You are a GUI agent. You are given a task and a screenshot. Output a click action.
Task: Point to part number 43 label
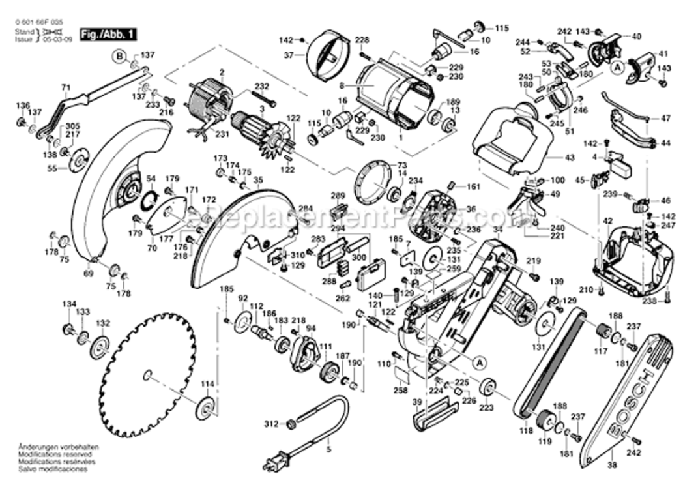(x=570, y=158)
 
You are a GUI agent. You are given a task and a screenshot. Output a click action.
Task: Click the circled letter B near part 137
(x=120, y=56)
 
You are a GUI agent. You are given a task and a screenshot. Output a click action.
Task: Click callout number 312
(x=272, y=424)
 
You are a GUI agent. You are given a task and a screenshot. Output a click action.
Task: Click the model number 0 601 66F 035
(x=39, y=22)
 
